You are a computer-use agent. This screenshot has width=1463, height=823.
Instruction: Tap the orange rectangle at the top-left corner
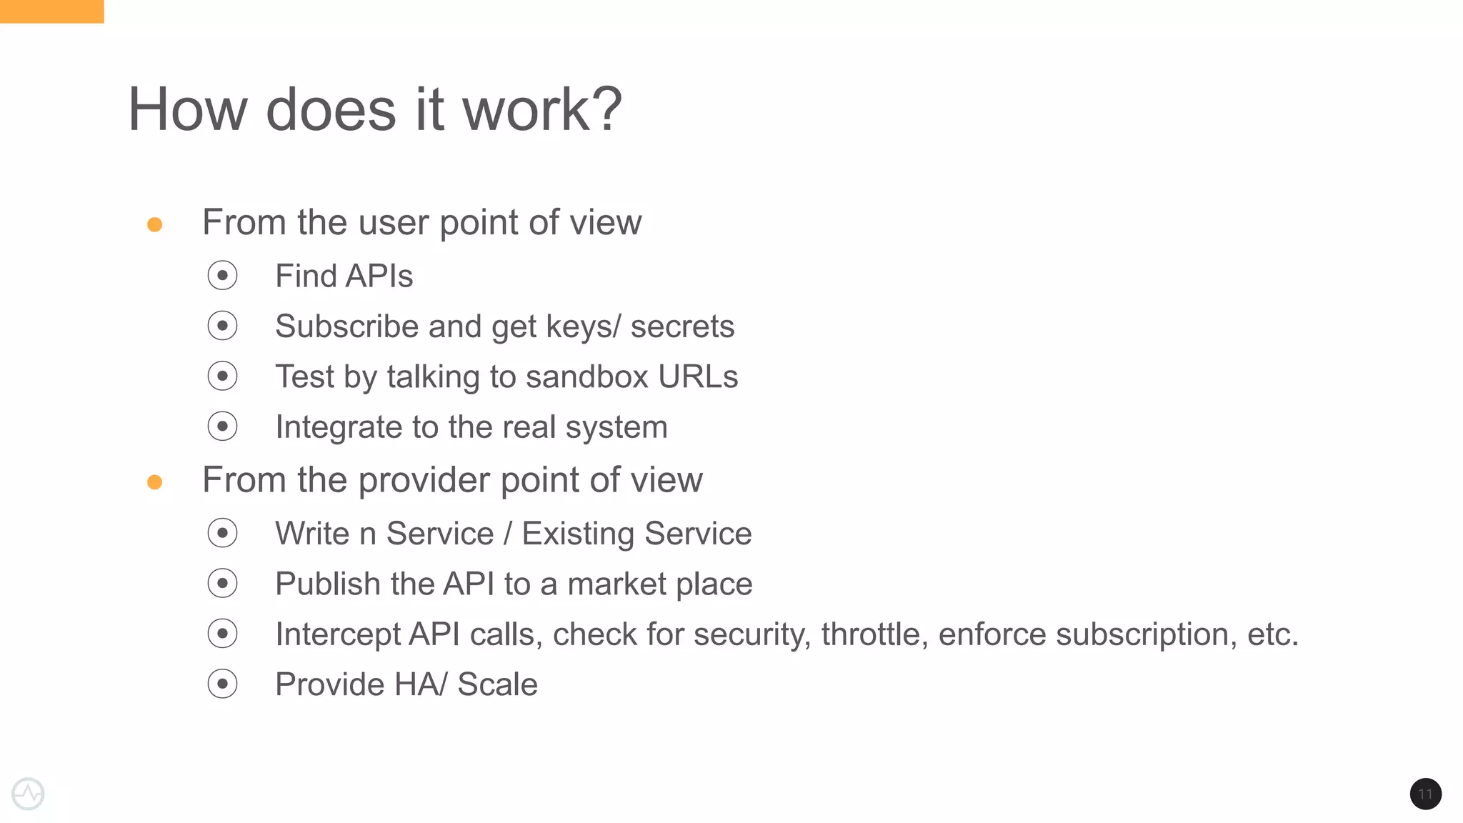tap(51, 11)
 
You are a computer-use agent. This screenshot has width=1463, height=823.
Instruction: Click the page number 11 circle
tap(1425, 794)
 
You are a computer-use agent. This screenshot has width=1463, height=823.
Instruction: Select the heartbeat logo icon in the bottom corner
tap(29, 794)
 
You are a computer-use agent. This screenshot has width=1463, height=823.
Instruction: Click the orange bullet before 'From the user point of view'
tap(154, 225)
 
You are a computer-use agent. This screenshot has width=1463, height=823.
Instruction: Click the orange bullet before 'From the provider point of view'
tap(154, 482)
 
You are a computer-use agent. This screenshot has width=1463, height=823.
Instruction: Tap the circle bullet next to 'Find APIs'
tap(222, 276)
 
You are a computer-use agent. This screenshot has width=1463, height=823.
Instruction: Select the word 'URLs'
tap(697, 376)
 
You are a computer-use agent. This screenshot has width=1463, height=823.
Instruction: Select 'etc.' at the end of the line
tap(1272, 634)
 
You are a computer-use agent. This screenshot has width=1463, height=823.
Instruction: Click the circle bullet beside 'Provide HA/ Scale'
tap(222, 684)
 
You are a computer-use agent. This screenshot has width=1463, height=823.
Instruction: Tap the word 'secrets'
tap(681, 326)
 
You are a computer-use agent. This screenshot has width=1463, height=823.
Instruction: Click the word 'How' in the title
tap(188, 110)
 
